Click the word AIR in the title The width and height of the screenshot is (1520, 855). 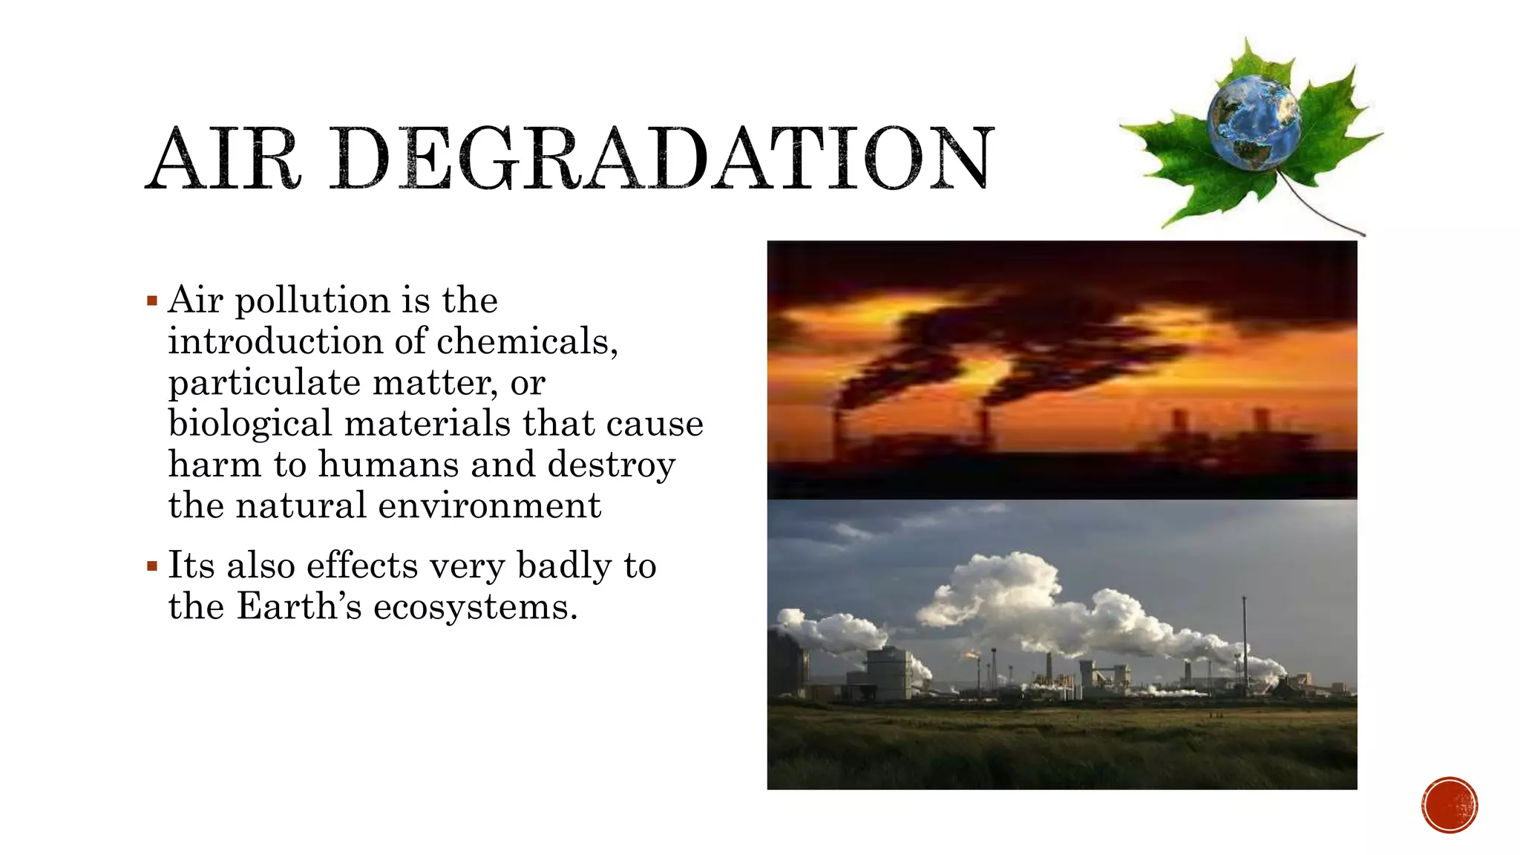(x=223, y=158)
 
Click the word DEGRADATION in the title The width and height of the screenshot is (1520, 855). (x=661, y=158)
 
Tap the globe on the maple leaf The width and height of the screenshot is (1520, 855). (x=1254, y=122)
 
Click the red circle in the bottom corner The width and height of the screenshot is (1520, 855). (x=1449, y=805)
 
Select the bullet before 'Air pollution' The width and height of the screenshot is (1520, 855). (x=152, y=301)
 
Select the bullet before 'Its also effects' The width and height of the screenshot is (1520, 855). (x=152, y=567)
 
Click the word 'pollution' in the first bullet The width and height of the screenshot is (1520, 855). (x=312, y=301)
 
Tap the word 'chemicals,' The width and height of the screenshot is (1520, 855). (x=527, y=341)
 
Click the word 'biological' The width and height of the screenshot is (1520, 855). (x=249, y=424)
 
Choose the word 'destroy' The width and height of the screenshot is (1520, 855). (x=612, y=465)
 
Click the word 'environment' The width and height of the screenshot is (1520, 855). (x=489, y=505)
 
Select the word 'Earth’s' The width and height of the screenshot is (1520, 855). (x=299, y=606)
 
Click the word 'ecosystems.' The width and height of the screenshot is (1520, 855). (x=475, y=607)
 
